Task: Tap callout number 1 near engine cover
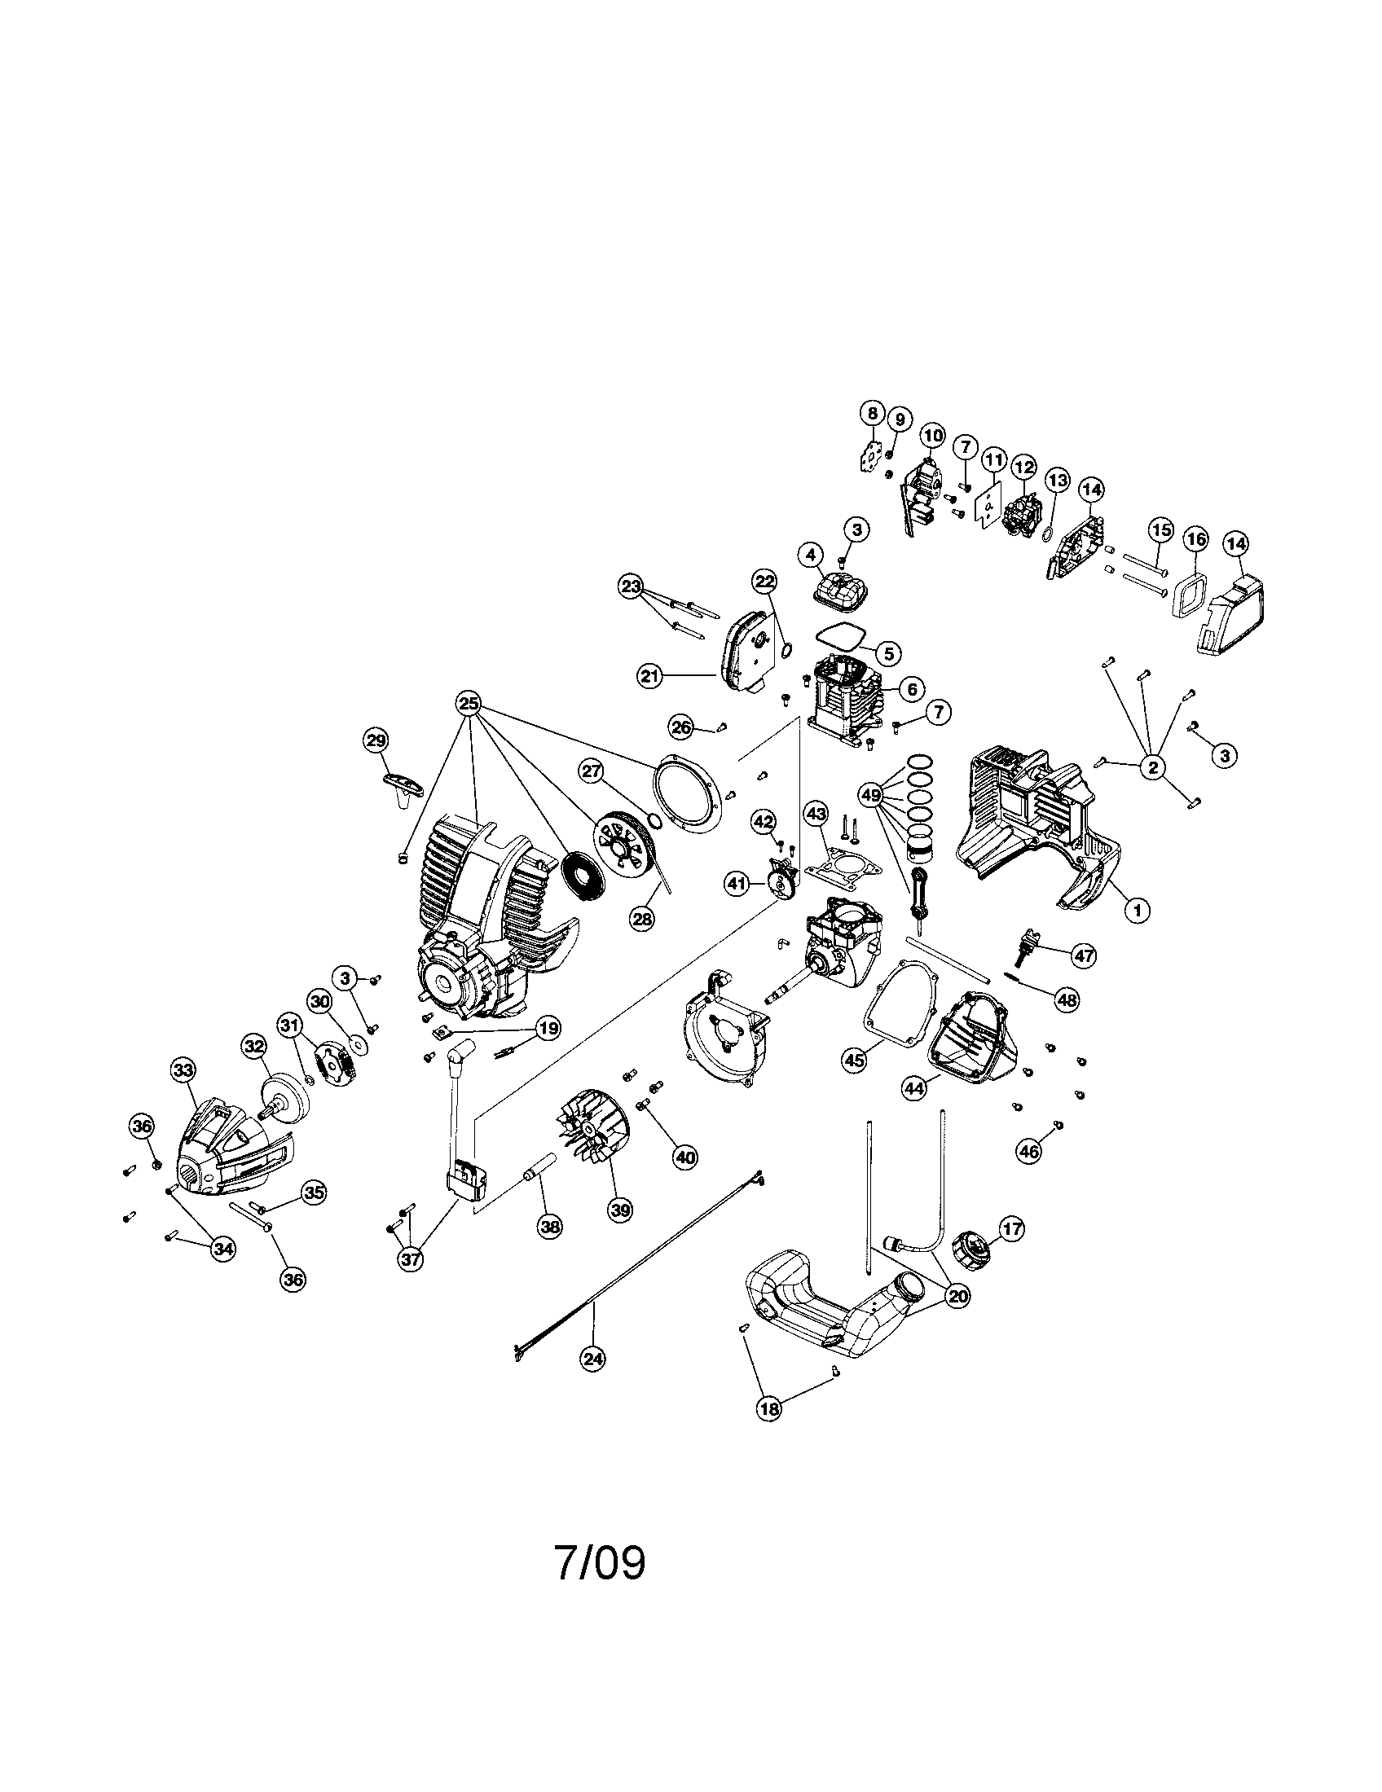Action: pos(1137,908)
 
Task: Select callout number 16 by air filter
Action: pos(1195,539)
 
